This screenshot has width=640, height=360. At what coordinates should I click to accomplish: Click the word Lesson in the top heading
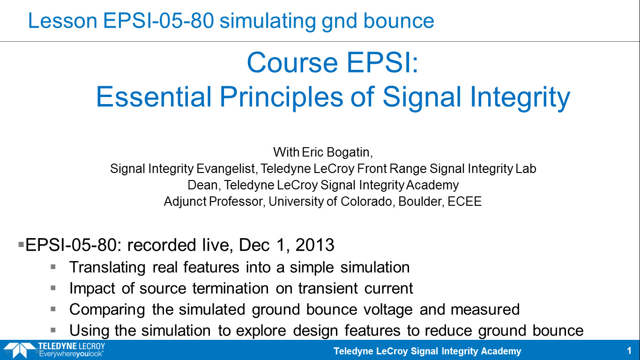click(63, 21)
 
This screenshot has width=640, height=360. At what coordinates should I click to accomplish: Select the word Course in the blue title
click(292, 63)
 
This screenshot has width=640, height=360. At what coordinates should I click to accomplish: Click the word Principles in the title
click(281, 97)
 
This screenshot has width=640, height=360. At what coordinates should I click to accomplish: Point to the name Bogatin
click(350, 152)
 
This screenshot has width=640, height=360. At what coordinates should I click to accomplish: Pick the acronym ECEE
click(465, 201)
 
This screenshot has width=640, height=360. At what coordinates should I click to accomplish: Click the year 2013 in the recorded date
click(314, 245)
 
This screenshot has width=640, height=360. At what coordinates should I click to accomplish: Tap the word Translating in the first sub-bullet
click(107, 267)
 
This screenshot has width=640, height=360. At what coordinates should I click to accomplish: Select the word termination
click(231, 288)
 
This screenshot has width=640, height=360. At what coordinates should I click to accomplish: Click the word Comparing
click(107, 309)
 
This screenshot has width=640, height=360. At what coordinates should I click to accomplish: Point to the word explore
click(261, 330)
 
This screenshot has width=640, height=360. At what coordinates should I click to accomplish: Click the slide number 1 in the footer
click(629, 351)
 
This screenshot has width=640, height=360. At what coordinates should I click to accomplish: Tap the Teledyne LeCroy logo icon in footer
click(19, 350)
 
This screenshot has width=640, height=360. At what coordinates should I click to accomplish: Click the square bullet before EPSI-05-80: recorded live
click(21, 245)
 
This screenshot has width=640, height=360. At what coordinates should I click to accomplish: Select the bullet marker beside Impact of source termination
click(53, 288)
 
